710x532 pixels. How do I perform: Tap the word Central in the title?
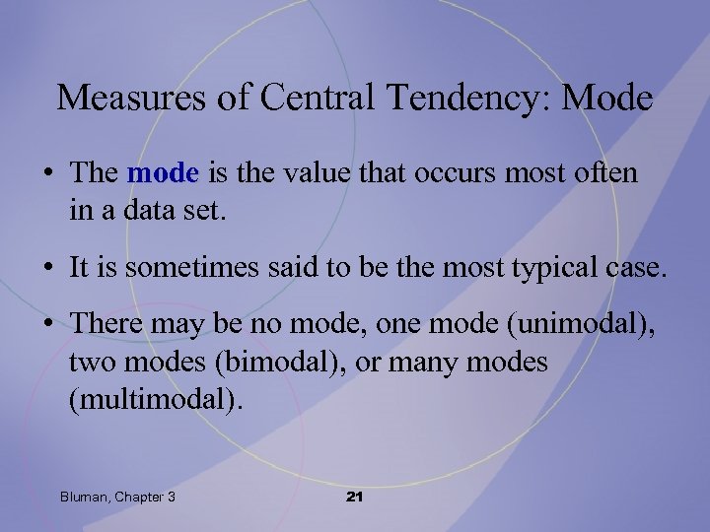[x=300, y=98]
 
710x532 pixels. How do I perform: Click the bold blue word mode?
[x=164, y=173]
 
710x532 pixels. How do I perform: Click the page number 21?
[x=355, y=497]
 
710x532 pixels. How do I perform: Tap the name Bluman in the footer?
[x=85, y=497]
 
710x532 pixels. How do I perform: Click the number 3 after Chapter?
[x=172, y=497]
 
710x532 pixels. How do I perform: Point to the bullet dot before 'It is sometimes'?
[x=48, y=266]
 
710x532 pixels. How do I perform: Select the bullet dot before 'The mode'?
[x=48, y=174]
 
